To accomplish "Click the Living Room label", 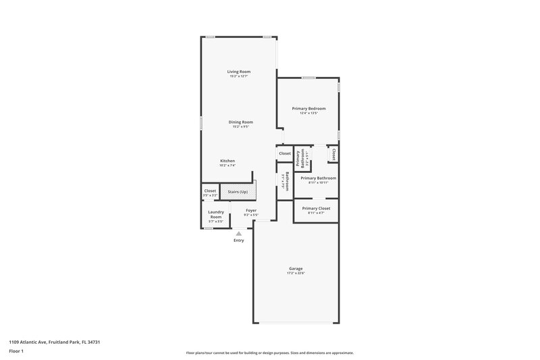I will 238,71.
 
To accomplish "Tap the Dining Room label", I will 241,122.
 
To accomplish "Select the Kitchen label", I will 227,160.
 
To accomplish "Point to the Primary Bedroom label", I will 308,108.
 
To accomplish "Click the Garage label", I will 296,268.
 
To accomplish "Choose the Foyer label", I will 251,210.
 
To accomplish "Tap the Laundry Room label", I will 215,214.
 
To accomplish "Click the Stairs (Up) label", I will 238,192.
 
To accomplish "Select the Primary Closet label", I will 316,209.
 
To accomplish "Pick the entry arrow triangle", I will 238,233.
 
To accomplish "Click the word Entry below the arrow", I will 238,240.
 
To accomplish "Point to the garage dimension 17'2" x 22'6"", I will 296,273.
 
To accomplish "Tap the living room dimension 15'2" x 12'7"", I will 238,76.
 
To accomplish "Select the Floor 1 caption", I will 16,352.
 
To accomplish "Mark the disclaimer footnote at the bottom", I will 269,353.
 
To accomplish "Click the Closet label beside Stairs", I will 210,191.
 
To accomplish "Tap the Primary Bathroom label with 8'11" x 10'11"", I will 318,178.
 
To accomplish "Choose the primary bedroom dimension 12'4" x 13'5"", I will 308,113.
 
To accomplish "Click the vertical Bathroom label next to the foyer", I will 287,182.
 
